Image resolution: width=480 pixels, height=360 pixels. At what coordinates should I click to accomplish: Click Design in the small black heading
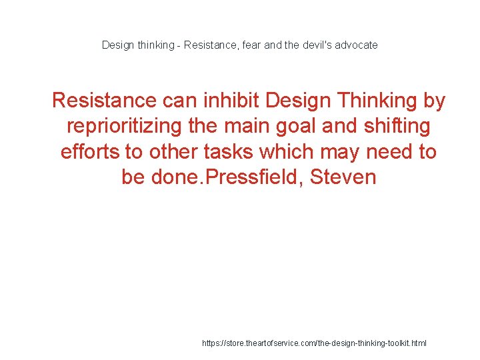tap(117, 45)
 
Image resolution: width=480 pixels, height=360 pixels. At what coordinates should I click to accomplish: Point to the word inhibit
tap(231, 101)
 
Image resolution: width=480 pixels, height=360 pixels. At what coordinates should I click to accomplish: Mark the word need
tap(389, 152)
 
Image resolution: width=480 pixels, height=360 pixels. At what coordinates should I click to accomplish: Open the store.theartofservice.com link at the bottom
tap(314, 343)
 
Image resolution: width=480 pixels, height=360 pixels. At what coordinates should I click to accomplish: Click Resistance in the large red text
tap(103, 101)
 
